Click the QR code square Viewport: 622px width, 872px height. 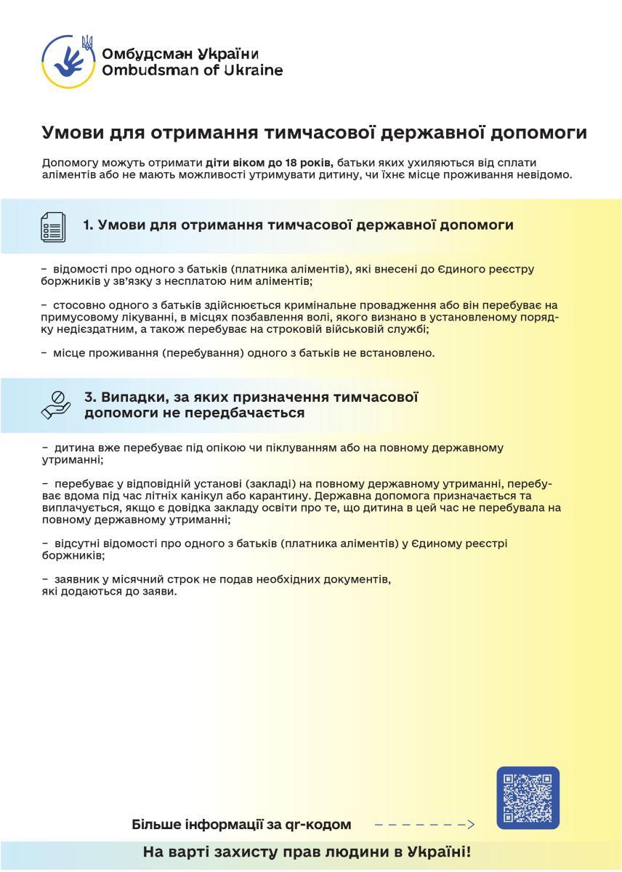click(528, 798)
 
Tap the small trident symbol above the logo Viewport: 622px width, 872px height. click(87, 42)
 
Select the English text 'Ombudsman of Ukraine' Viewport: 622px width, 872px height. click(193, 70)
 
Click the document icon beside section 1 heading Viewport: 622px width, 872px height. click(53, 226)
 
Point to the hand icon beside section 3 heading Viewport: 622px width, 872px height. click(56, 405)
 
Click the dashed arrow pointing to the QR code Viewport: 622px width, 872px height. click(424, 825)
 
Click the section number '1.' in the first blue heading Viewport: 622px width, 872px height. click(89, 225)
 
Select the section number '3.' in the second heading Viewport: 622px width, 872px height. click(91, 397)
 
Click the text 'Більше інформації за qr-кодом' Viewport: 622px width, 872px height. click(241, 825)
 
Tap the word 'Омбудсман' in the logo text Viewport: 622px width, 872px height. click(142, 54)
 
